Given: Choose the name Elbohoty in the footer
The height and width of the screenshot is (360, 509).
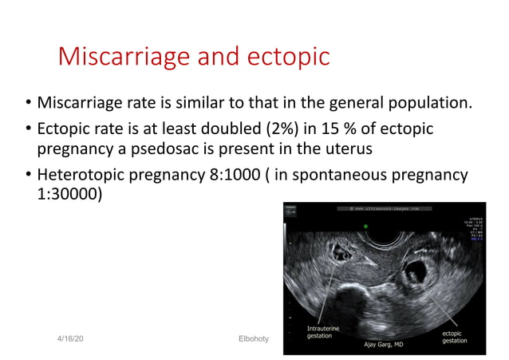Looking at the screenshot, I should (254, 339).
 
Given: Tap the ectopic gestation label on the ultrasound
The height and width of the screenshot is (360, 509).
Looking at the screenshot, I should (455, 336).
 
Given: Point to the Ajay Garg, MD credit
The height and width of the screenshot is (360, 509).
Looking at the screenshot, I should (385, 346).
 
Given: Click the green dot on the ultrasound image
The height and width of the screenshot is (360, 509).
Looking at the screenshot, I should (366, 227).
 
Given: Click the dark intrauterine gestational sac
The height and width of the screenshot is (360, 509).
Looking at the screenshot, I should (345, 254).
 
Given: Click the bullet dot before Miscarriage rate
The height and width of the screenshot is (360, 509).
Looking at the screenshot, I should (27, 104).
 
